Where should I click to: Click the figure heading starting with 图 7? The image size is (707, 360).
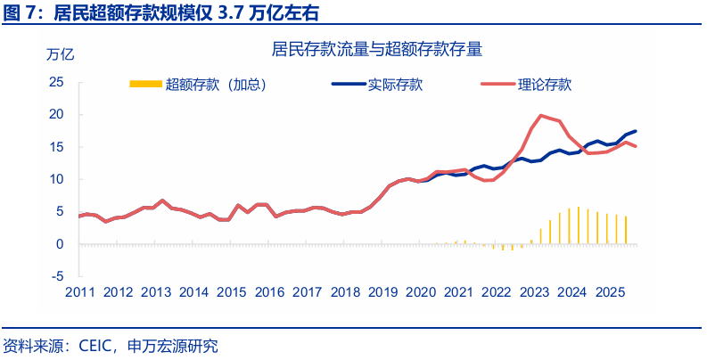tap(161, 12)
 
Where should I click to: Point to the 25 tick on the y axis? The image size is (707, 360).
tap(56, 82)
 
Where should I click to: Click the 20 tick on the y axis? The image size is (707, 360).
tap(56, 115)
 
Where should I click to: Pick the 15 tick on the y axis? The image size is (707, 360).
tap(56, 147)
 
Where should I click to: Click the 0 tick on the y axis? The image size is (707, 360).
tap(60, 244)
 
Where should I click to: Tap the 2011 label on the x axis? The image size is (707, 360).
tap(80, 292)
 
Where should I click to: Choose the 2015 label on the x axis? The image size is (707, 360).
tap(231, 292)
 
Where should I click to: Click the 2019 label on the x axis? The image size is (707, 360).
tap(382, 292)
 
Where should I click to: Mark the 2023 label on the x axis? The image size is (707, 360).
tap(534, 292)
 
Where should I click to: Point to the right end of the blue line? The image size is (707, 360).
tap(635, 131)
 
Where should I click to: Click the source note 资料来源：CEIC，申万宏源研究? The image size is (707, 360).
tap(111, 346)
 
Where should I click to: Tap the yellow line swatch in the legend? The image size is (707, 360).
tap(145, 85)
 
